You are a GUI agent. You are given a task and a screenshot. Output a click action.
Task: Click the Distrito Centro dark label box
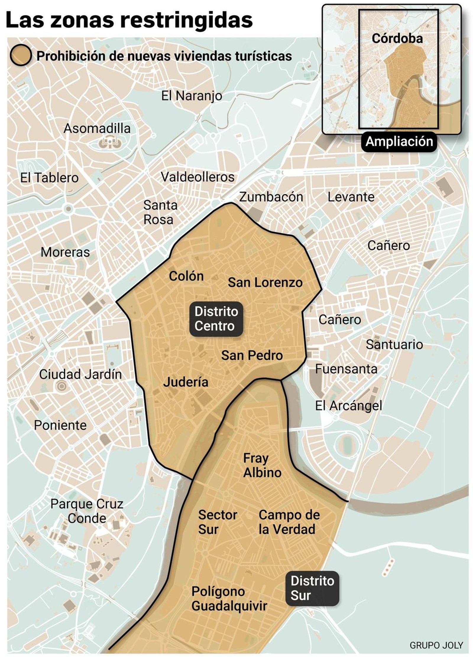(216, 319)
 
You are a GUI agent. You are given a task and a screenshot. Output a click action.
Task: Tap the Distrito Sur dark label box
(312, 588)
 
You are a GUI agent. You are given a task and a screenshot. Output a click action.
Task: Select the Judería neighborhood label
(186, 382)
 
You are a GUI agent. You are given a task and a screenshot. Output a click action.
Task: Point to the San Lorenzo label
(265, 282)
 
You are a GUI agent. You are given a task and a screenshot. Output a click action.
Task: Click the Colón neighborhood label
(186, 276)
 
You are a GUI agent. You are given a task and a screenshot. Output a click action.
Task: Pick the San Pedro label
(252, 355)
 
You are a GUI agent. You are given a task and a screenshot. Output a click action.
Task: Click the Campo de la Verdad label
(289, 522)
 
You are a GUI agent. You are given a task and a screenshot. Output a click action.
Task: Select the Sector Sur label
(217, 522)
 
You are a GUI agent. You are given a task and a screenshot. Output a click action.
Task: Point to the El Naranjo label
(192, 96)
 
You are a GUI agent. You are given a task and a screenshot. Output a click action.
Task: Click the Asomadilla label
(97, 128)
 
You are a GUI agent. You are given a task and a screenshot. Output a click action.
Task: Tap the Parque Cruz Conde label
(87, 511)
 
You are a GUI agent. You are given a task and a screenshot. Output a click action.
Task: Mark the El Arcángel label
(349, 406)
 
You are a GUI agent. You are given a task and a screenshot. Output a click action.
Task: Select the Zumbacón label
(271, 197)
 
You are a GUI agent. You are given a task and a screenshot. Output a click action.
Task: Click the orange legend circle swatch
(21, 55)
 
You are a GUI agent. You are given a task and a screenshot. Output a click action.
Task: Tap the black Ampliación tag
(399, 141)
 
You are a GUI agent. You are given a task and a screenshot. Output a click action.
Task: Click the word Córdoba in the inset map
(397, 38)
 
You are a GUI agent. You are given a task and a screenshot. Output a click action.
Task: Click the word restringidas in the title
(187, 20)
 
